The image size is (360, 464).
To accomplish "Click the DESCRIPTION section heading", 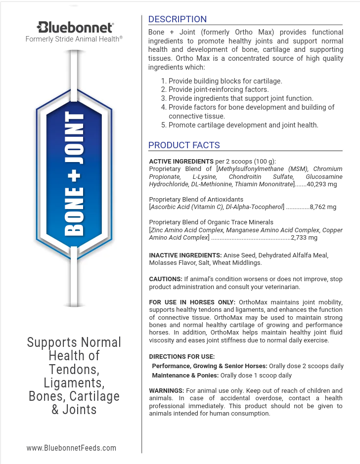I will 178,19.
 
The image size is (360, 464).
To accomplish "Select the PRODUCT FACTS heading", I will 184,145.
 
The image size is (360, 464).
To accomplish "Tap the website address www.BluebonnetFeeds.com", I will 71,448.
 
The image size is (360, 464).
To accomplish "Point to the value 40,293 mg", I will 322,184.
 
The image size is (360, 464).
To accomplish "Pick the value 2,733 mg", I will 304,238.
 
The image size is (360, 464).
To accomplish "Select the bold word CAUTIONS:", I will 166,279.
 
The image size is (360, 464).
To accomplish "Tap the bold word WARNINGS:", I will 167,390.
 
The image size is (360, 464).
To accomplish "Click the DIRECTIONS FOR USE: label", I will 181,356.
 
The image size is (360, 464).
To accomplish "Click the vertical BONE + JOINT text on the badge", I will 75,173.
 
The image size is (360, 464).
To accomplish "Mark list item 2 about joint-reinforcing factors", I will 215,89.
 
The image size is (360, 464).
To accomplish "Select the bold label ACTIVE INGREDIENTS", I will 181,161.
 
